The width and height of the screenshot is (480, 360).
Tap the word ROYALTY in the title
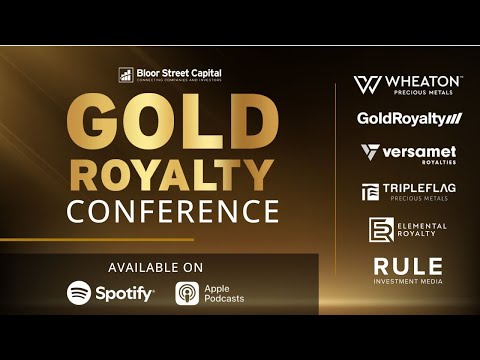click(172, 176)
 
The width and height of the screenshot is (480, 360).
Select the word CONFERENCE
click(172, 211)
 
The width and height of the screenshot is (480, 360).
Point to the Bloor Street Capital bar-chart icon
click(126, 74)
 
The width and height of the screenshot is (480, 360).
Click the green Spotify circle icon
click(79, 292)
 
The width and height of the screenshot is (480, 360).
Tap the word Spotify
click(125, 293)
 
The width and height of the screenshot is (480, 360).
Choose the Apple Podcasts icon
click(187, 293)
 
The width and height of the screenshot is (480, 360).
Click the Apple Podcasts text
click(224, 293)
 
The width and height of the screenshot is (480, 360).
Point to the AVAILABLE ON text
click(156, 267)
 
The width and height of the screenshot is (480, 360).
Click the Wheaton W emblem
click(367, 85)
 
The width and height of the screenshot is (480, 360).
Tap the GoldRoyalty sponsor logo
click(410, 119)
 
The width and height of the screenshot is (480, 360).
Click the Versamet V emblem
click(370, 152)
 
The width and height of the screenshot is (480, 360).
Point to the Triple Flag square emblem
click(370, 191)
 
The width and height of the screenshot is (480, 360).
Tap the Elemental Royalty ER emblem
click(381, 228)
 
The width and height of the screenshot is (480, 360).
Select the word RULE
click(408, 266)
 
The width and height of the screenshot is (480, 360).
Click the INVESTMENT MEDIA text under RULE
click(408, 282)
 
